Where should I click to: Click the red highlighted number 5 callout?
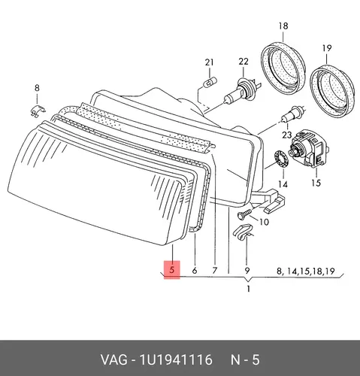click(x=172, y=270)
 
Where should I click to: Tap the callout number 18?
click(x=283, y=26)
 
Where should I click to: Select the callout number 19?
click(x=327, y=48)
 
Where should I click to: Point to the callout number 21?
click(x=209, y=62)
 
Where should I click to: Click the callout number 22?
click(x=244, y=62)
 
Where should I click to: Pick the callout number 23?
click(x=287, y=135)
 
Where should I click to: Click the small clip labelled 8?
click(x=38, y=111)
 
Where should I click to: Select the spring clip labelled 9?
click(x=242, y=232)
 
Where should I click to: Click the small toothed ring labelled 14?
click(x=280, y=159)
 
